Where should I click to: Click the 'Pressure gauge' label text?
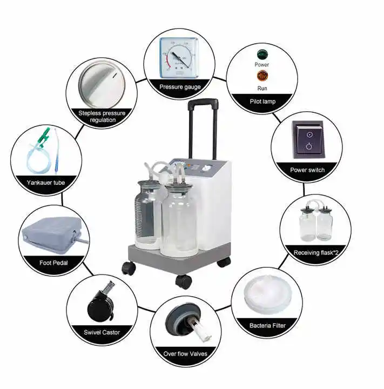[x=180, y=86]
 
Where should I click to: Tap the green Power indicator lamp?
[x=262, y=53]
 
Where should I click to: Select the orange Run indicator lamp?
[x=262, y=76]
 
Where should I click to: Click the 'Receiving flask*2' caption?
[x=316, y=252]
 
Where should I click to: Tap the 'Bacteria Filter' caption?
[x=267, y=325]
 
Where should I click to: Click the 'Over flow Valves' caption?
[x=185, y=354]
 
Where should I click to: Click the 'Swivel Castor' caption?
[x=102, y=332]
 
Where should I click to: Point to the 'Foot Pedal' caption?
[x=53, y=263]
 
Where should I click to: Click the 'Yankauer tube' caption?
[x=45, y=183]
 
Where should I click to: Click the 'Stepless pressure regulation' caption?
[x=102, y=116]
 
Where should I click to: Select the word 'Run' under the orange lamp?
[x=262, y=88]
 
